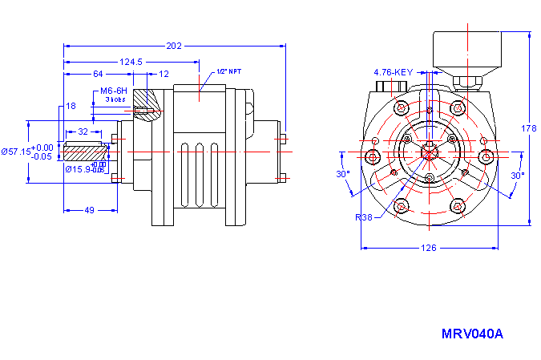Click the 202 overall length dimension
(x=175, y=46)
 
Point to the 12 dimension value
(x=164, y=74)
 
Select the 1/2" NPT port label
(x=228, y=71)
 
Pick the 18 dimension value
(x=71, y=106)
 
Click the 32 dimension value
(x=83, y=131)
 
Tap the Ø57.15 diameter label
(x=16, y=152)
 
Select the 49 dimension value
(x=90, y=210)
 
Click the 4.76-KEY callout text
(x=393, y=72)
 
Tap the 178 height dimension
(x=528, y=128)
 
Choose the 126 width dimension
(x=429, y=248)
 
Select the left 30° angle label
(x=342, y=174)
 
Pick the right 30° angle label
(x=517, y=174)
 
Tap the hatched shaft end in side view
(x=83, y=152)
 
